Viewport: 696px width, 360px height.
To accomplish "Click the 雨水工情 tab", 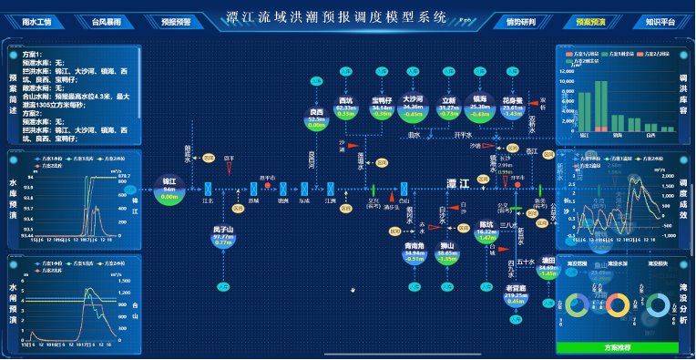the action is click(x=36, y=20).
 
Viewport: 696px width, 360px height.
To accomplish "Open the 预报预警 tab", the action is click(x=173, y=20).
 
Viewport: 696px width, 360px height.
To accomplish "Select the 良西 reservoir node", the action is click(x=316, y=119).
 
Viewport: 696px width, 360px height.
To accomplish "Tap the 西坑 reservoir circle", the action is click(x=346, y=108).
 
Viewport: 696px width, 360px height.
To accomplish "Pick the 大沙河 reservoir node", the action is click(x=414, y=108).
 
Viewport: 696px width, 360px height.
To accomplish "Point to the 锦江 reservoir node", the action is click(x=169, y=188).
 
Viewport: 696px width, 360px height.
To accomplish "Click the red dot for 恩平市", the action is click(x=266, y=185).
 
